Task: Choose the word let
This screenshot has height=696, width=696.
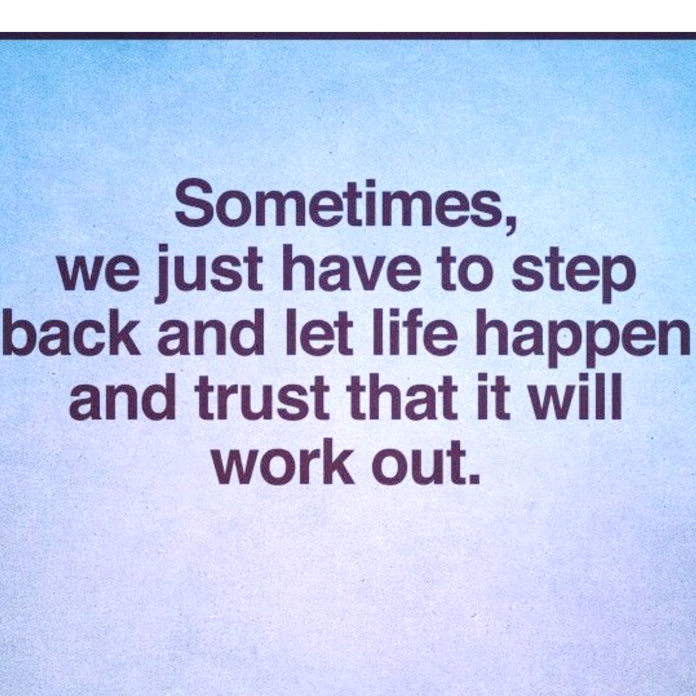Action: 319,332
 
